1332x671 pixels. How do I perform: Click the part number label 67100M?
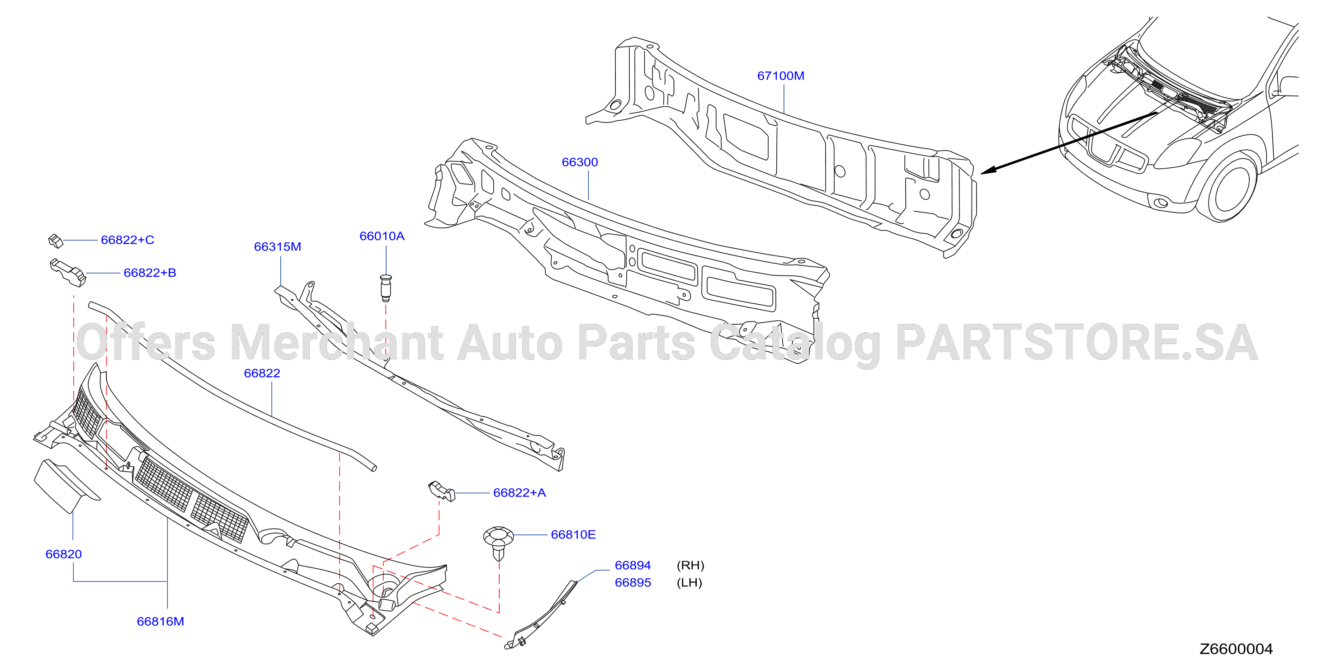coord(780,76)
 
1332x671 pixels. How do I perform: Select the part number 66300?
coord(580,162)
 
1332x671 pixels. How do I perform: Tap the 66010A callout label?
coord(382,236)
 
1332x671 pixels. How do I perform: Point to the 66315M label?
coord(277,247)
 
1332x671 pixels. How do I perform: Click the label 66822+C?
coord(127,240)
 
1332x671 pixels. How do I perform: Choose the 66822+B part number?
coord(150,273)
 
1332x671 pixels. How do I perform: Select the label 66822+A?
coord(519,493)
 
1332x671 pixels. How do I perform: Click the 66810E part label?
coord(573,535)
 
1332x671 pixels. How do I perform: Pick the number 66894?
coord(633,566)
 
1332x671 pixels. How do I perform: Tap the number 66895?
coord(633,583)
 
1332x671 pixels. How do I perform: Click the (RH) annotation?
coord(690,566)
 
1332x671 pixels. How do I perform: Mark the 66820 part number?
coord(64,555)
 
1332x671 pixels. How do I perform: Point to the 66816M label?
coord(161,622)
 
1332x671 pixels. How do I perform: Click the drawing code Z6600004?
coord(1236,649)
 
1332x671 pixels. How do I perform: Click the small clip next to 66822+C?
coord(55,241)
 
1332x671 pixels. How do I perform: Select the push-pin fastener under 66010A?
coord(386,288)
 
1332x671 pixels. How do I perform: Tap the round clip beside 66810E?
coord(498,543)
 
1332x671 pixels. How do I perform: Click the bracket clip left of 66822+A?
coord(441,491)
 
